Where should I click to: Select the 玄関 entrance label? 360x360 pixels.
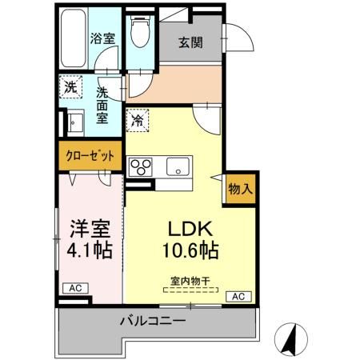click(190, 42)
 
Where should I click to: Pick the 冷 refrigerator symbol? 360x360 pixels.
click(138, 120)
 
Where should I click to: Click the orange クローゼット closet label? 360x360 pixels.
click(89, 155)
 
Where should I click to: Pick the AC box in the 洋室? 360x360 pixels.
click(73, 288)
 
